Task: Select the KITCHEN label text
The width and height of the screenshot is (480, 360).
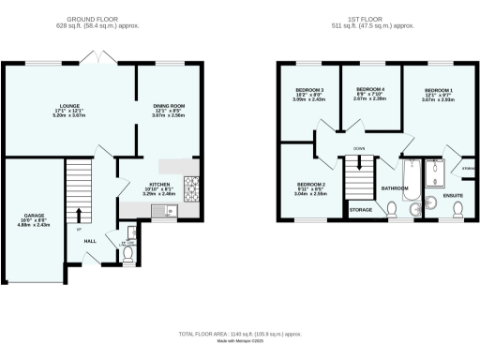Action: tap(157, 186)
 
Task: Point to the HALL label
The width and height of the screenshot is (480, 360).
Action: tap(89, 240)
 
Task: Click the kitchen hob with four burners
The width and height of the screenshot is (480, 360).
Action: tap(190, 185)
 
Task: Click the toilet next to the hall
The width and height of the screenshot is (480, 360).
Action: tap(127, 249)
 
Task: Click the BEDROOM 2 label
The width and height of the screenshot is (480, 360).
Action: tap(310, 185)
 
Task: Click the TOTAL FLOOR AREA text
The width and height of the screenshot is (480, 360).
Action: tap(240, 334)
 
